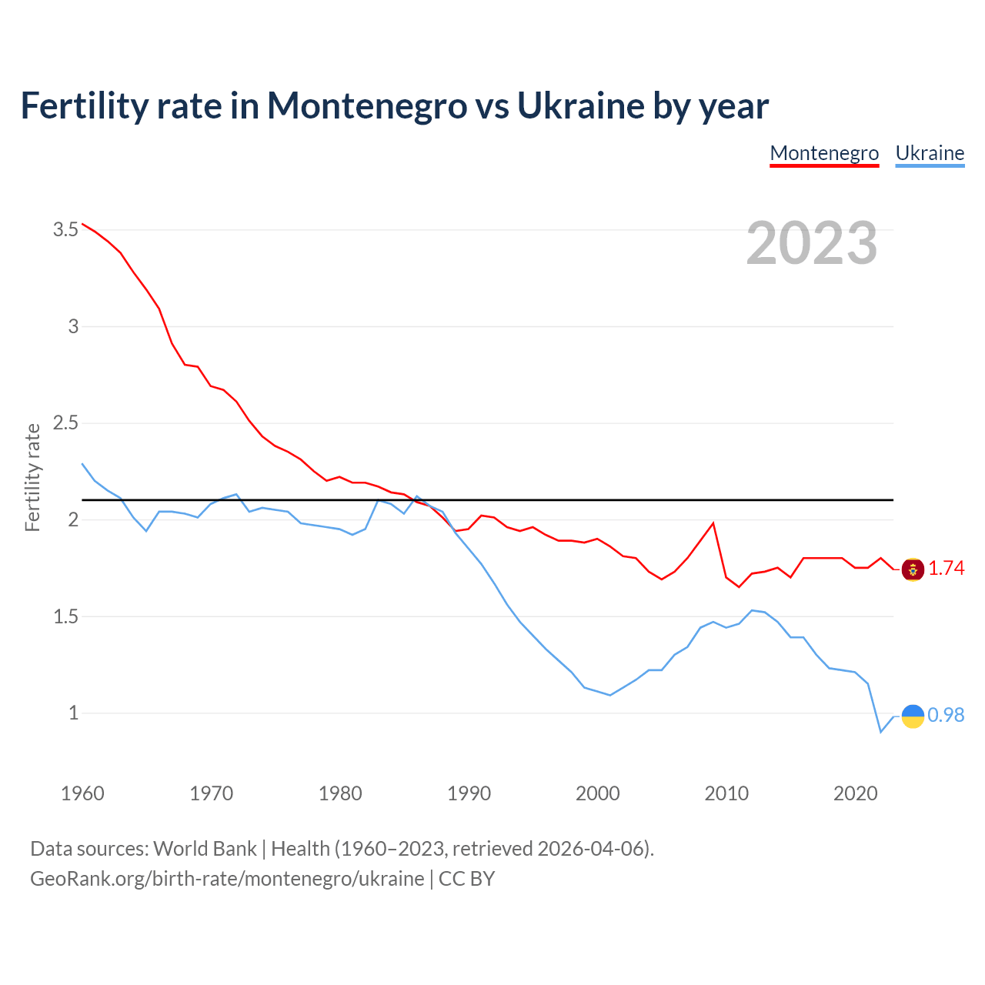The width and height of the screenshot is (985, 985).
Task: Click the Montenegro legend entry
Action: point(824,153)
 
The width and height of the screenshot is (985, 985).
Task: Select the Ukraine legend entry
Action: point(930,153)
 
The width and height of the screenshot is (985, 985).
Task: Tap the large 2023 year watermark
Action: point(812,243)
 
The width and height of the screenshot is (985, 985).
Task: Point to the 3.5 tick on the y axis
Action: point(66,229)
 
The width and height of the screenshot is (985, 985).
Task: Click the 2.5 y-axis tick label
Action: point(66,422)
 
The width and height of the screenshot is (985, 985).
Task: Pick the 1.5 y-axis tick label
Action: point(66,616)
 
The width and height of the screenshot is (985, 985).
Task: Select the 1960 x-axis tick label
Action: point(82,793)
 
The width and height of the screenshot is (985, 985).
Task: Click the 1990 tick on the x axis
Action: point(469,793)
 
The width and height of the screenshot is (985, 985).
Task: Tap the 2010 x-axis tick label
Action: point(726,793)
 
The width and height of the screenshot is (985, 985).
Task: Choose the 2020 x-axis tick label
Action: point(855,793)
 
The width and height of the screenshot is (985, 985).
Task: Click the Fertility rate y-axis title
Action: point(32,477)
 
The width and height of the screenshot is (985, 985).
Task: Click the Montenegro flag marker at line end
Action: point(913,569)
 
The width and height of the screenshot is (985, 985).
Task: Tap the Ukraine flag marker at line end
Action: point(913,716)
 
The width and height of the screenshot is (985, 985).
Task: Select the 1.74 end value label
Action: point(946,569)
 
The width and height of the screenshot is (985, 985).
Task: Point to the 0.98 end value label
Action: point(946,715)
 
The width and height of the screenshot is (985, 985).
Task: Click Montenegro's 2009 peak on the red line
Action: point(713,523)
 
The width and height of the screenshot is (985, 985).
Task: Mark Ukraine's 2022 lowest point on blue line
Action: point(880,732)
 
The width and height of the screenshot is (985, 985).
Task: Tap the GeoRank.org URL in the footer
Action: point(227,879)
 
